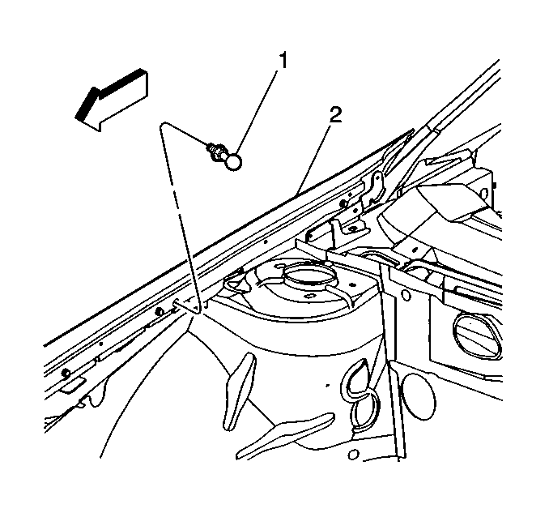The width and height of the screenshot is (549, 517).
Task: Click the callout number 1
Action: pyautogui.click(x=283, y=61)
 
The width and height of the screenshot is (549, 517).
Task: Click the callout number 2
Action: pyautogui.click(x=335, y=115)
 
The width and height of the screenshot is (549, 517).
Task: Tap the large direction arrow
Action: pyautogui.click(x=112, y=100)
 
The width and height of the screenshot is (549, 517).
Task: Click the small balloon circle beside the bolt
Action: pyautogui.click(x=233, y=162)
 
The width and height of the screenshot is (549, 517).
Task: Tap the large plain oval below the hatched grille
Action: pyautogui.click(x=419, y=394)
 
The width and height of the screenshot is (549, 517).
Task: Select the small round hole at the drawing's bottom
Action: pyautogui.click(x=353, y=455)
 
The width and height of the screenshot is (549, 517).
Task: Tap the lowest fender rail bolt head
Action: pyautogui.click(x=65, y=373)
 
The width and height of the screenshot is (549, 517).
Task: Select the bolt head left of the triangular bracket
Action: pyautogui.click(x=160, y=311)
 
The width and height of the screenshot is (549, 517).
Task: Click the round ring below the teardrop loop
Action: pyautogui.click(x=365, y=410)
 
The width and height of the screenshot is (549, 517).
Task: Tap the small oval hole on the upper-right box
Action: pyautogui.click(x=484, y=193)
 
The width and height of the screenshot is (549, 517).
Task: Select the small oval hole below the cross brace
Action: pyautogui.click(x=406, y=295)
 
